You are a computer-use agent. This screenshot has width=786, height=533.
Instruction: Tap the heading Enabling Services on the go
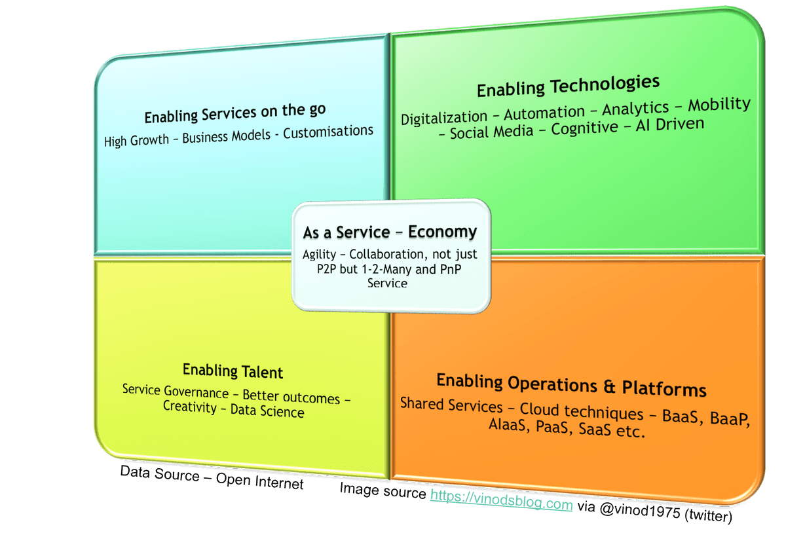click(x=235, y=113)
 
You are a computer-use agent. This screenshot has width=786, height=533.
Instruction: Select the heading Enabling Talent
click(x=233, y=371)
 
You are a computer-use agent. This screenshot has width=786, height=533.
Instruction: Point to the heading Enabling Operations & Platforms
click(x=571, y=385)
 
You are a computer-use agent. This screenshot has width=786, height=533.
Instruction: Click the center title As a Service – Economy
click(x=390, y=232)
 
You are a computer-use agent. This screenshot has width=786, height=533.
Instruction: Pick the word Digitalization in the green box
click(x=444, y=118)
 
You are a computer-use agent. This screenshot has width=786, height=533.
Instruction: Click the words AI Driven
click(x=670, y=123)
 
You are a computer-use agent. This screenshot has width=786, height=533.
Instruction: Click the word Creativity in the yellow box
click(x=189, y=407)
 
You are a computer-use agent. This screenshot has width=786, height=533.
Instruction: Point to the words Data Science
click(x=267, y=412)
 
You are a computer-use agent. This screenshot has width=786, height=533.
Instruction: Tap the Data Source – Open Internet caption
click(x=212, y=477)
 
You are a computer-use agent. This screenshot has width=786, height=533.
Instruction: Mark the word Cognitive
click(x=585, y=127)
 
